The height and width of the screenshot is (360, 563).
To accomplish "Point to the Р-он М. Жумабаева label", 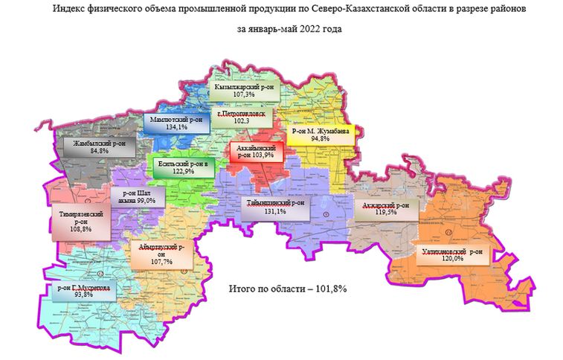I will pos(321,134).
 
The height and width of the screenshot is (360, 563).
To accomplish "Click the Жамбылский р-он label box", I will pos(94,145).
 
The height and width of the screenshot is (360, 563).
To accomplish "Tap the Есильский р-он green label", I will pos(182,167).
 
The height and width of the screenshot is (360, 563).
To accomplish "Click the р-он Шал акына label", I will pos(133,196).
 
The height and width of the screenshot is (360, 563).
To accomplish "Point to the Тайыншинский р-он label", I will pos(275,207).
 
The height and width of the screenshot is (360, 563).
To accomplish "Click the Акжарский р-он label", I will pos(385,208).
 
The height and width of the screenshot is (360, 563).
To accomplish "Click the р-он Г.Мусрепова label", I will pos(83,290).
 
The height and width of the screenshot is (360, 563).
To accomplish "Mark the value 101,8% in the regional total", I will pos(330,287).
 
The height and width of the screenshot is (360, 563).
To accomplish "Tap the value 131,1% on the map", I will pos(275,211).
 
